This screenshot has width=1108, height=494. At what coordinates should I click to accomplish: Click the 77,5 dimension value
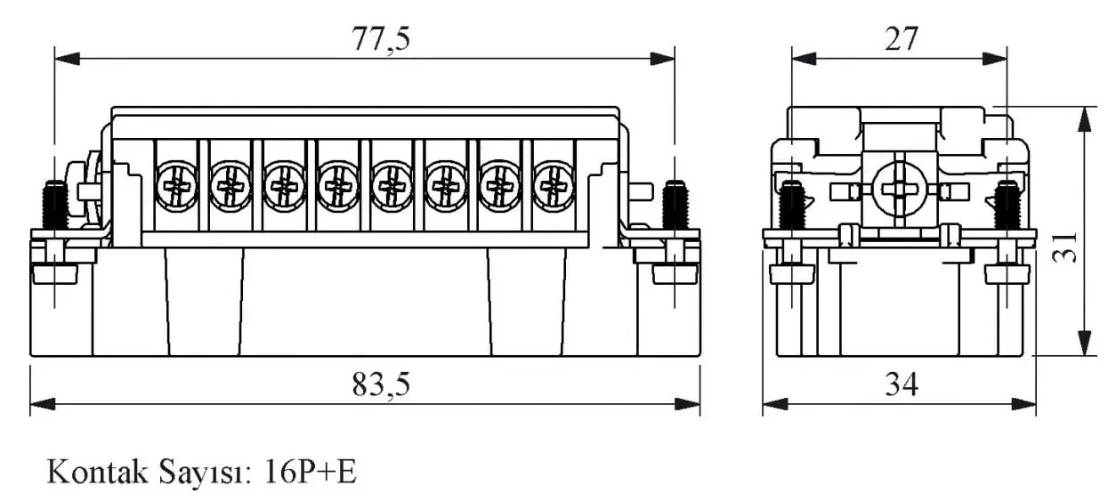pyautogui.click(x=381, y=39)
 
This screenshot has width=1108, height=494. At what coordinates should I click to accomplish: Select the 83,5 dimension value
pyautogui.click(x=381, y=385)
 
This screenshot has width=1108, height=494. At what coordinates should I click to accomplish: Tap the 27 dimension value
pyautogui.click(x=902, y=39)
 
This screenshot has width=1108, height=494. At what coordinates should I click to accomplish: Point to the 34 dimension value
pyautogui.click(x=902, y=385)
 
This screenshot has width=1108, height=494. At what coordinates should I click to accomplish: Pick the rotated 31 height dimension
pyautogui.click(x=1065, y=247)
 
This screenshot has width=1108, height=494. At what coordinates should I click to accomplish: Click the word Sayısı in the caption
pyautogui.click(x=206, y=473)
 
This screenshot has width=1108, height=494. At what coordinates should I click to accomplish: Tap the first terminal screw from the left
pyautogui.click(x=176, y=187)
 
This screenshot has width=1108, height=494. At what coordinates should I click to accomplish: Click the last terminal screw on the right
pyautogui.click(x=553, y=187)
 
